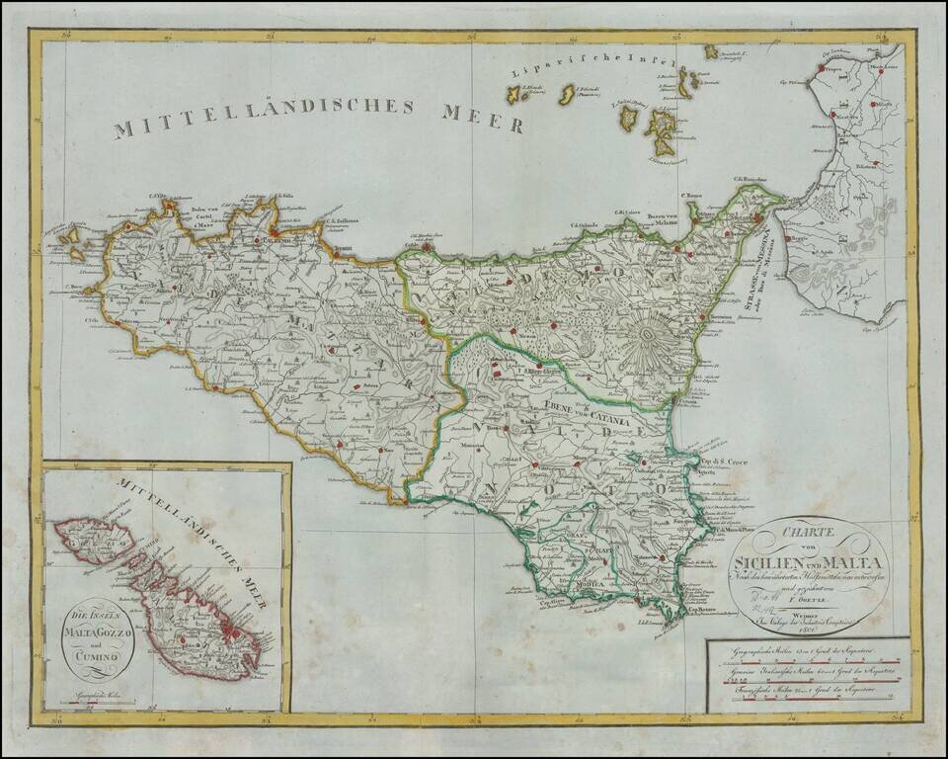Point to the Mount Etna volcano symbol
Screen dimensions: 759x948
(x=651, y=341)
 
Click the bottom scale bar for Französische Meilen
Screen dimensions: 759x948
(x=810, y=700)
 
